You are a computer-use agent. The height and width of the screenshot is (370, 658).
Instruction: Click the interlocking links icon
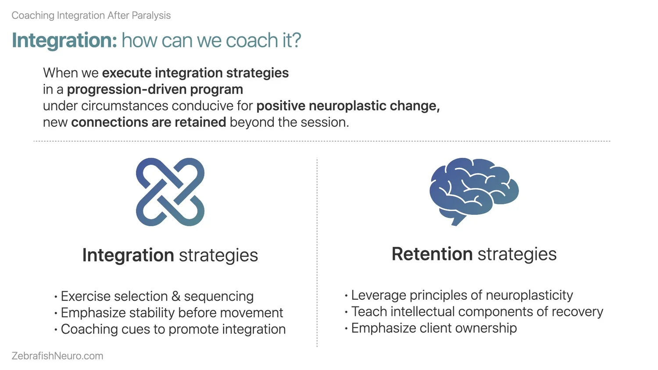tap(170, 192)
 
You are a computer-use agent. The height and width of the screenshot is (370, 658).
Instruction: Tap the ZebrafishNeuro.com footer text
tap(57, 356)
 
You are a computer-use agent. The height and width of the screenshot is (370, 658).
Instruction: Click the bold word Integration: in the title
tap(64, 40)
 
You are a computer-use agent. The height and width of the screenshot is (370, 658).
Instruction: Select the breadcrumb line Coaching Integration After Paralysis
tap(91, 15)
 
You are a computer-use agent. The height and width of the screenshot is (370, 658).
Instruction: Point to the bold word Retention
tap(432, 254)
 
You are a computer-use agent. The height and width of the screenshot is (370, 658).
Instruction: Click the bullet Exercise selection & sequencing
tap(157, 296)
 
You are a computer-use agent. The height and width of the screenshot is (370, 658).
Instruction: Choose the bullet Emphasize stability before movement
tap(172, 313)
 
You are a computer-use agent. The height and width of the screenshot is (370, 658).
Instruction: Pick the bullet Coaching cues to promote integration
tap(173, 329)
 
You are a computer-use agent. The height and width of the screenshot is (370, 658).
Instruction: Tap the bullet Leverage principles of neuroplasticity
tap(462, 295)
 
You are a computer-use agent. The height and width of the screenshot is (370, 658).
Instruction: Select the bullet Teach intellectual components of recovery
tap(477, 312)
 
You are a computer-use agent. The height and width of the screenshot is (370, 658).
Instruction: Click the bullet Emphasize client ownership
tap(434, 328)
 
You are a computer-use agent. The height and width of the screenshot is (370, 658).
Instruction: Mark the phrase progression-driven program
tap(155, 89)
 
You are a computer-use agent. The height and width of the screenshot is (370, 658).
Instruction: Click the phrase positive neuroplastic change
tap(347, 106)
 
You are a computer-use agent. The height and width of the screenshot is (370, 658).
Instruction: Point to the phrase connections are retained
tap(149, 122)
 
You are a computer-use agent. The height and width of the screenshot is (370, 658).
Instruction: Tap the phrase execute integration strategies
tap(195, 73)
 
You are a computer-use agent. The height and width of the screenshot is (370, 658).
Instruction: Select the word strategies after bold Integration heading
tap(218, 256)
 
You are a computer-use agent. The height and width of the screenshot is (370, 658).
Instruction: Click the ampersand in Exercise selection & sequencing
tap(176, 297)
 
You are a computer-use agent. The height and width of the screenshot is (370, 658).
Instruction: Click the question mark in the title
tap(296, 40)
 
